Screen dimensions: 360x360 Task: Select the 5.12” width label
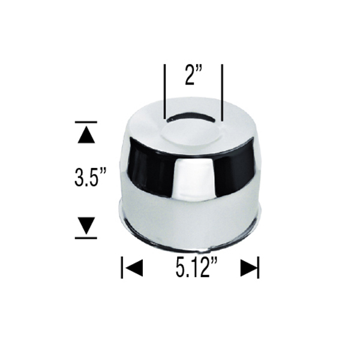click(197, 268)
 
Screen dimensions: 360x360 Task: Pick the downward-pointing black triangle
click(86, 225)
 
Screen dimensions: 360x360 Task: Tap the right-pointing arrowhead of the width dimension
click(248, 268)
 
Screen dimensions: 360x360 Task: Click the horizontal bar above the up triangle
click(86, 122)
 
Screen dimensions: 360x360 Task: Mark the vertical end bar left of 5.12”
click(122, 268)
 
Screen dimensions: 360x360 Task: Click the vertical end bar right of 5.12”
click(259, 268)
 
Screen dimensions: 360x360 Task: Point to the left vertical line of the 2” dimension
click(164, 90)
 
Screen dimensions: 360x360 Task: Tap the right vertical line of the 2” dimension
click(223, 90)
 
